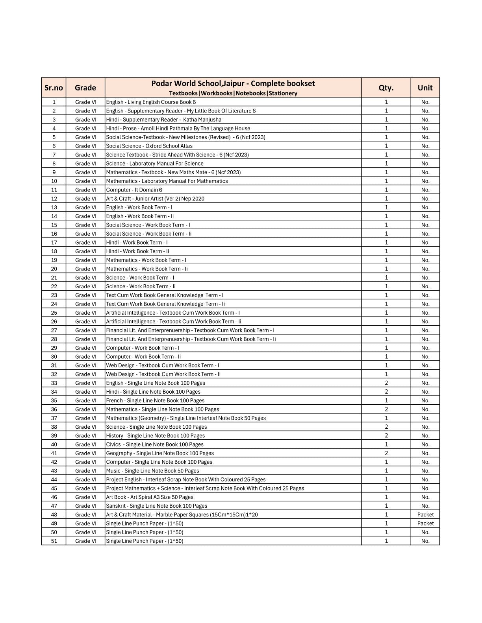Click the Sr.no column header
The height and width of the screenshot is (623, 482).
pos(54,88)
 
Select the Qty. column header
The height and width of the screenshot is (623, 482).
pos(386,88)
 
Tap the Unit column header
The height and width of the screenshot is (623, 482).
pos(425,88)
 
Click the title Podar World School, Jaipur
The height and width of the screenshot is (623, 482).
pos(233,83)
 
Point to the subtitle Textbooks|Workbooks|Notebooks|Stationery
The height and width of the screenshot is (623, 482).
pos(233,93)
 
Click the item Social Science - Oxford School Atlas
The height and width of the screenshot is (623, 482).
pos(149,146)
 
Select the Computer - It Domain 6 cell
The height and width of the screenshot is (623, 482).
pos(134,190)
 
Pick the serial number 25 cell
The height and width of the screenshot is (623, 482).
pos(54,313)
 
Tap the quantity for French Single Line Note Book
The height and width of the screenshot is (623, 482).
pos(386,400)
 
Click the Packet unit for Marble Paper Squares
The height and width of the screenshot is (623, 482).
pos(425,514)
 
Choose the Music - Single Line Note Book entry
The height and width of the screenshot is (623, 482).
pos(152,471)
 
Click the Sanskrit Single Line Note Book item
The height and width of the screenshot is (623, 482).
pos(156,506)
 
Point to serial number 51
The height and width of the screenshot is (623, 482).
pos(54,541)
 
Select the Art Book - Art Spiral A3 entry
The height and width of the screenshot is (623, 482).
pos(150,497)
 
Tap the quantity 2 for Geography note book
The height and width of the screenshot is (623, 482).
pos(386,453)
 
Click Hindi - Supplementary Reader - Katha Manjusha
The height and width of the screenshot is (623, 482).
pos(163,120)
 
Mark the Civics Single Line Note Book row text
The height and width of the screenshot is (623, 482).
pos(155,444)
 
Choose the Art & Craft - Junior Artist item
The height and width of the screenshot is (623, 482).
pos(155,199)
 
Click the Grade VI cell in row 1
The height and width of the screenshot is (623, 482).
pos(85,102)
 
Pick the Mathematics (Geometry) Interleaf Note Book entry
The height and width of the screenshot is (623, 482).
pos(186,418)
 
